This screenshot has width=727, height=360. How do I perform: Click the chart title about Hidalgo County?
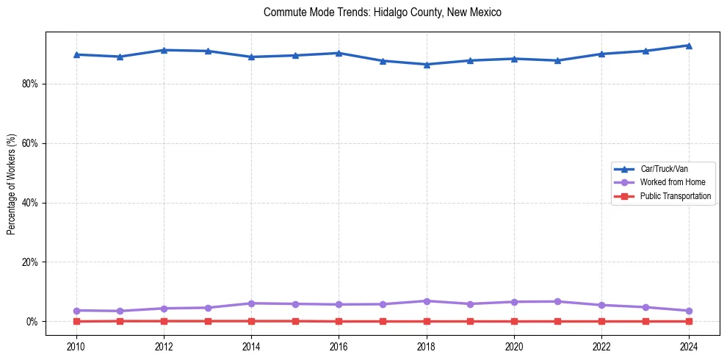pos(382,12)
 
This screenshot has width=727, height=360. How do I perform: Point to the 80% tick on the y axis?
pos(29,84)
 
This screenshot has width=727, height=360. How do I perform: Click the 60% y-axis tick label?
pos(29,143)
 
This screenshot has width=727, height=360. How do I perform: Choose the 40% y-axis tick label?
pos(29,203)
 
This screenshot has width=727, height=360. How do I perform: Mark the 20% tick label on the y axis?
pos(29,262)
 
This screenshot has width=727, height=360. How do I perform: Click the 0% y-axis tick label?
pos(32,322)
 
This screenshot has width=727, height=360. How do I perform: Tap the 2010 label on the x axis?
pos(76,345)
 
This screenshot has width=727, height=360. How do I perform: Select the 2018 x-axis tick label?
pos(427,345)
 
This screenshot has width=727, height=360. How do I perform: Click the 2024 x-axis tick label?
pos(689,345)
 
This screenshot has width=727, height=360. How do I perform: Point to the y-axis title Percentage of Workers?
pos(12,184)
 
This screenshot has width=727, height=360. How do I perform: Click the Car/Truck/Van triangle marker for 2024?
pos(689,46)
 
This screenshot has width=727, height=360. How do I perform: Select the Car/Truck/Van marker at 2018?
pos(427,64)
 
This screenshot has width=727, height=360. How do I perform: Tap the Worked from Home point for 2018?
pos(427,301)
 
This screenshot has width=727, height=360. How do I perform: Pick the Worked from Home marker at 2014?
pos(251,303)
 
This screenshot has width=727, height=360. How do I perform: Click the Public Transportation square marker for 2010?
pos(76,321)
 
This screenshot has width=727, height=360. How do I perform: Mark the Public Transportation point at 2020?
pos(514,321)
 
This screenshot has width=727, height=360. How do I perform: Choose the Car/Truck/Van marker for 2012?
pos(164,50)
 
